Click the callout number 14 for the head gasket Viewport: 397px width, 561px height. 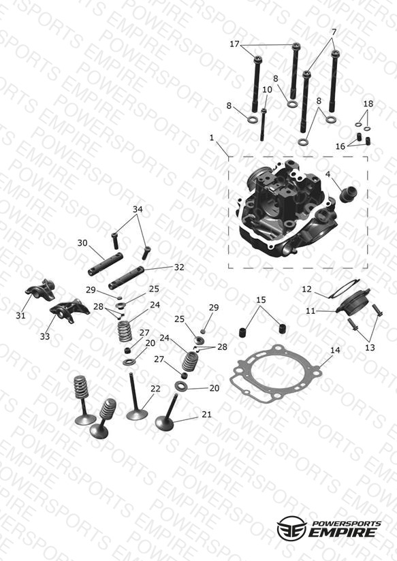[335, 350]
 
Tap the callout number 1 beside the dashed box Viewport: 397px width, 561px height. [212, 138]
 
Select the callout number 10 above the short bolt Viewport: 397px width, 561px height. [267, 89]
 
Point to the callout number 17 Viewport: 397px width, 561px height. [234, 44]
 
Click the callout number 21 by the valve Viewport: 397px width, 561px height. [206, 415]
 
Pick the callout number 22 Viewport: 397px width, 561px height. [155, 389]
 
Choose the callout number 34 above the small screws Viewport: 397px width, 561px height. [138, 209]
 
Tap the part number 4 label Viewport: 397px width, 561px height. [328, 174]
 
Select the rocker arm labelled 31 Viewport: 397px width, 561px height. [40, 289]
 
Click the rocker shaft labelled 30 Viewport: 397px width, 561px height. [106, 264]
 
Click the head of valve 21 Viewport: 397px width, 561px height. [164, 423]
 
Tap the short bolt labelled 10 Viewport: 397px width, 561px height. [264, 125]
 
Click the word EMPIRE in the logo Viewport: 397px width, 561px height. [343, 532]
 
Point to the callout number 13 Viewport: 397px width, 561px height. [370, 347]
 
